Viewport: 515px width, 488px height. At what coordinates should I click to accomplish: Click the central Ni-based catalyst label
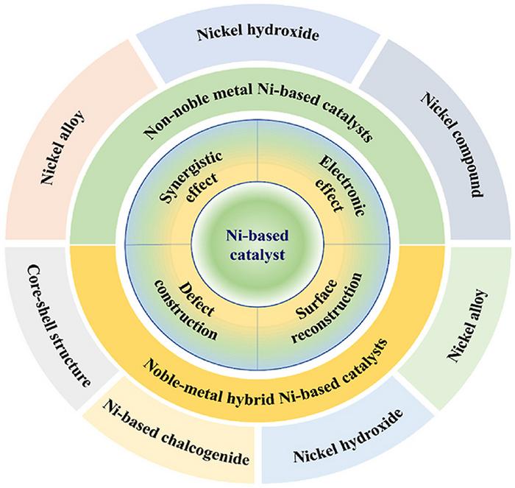point(257,244)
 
